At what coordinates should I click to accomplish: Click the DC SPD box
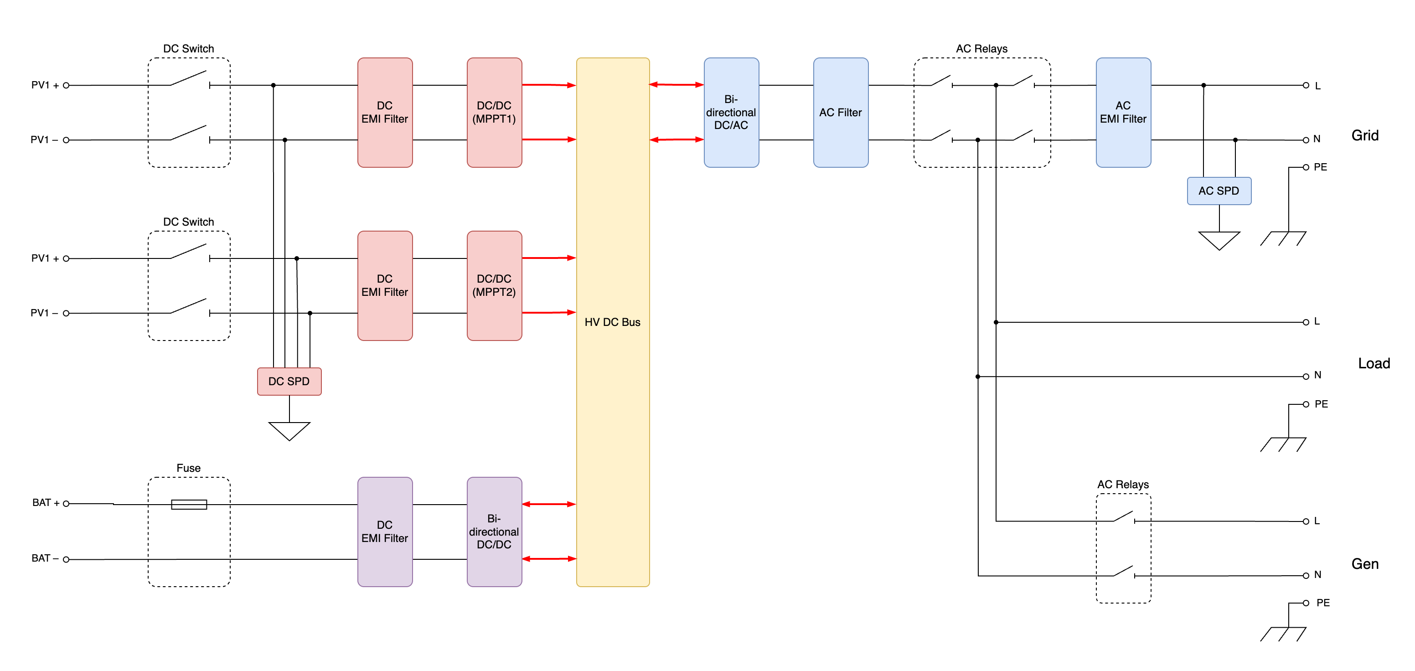289,381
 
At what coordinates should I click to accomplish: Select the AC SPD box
1219,191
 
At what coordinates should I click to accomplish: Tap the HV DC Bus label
613,322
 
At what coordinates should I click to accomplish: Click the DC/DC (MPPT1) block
494,112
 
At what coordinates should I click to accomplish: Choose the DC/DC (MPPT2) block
494,285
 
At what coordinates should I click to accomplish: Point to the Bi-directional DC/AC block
731,112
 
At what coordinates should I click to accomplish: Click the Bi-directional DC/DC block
494,532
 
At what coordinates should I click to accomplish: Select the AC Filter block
841,112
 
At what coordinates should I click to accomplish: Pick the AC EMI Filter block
1123,112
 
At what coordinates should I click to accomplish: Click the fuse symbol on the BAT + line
189,504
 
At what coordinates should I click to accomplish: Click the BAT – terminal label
45,558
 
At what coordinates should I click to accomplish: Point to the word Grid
1365,136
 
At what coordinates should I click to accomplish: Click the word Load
1374,363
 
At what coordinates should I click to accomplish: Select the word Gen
1365,564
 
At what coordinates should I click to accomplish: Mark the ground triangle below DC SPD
289,431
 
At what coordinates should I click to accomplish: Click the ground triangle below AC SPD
1219,241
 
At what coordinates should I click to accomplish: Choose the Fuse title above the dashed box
188,468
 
